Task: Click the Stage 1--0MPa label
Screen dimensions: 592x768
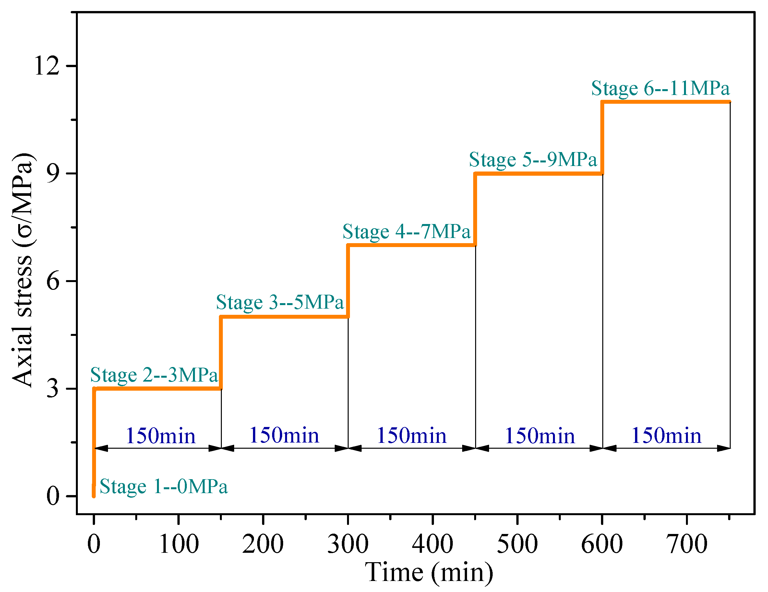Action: click(163, 487)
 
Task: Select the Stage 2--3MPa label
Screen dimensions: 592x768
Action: click(154, 375)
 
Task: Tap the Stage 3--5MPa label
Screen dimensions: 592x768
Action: click(280, 302)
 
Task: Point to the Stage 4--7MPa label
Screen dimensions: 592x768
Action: click(406, 232)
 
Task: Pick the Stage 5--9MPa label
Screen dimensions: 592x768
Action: click(533, 160)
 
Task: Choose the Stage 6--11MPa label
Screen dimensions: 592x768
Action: click(660, 88)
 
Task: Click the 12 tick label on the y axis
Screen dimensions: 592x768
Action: click(47, 66)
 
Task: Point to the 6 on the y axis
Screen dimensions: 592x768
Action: click(53, 281)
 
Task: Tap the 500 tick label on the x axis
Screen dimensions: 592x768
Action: click(517, 544)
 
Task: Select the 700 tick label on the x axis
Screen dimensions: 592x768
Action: click(686, 544)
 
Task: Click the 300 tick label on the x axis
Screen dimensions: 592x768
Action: click(348, 544)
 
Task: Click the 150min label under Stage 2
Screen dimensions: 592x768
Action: click(160, 436)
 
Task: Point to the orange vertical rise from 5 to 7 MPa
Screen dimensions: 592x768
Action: click(348, 281)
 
